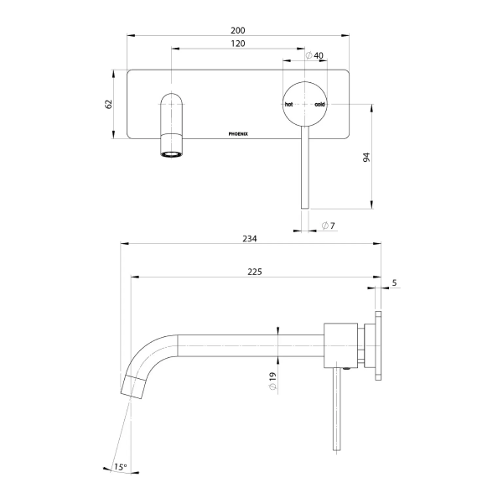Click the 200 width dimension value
pos(238,29)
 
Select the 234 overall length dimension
pos(250,238)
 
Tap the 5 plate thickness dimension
pos(394,283)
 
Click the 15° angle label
pos(121,466)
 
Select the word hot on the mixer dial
pos(289,105)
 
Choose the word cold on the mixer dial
pos(319,105)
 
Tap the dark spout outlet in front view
pos(171,153)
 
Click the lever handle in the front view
pos(304,168)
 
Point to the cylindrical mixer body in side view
pos(342,344)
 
